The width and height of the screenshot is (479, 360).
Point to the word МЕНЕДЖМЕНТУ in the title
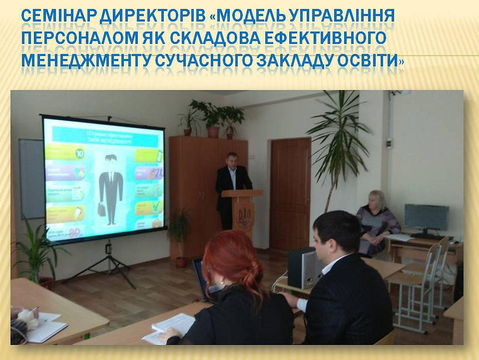point(83,59)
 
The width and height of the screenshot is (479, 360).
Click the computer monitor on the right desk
point(426,218)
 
